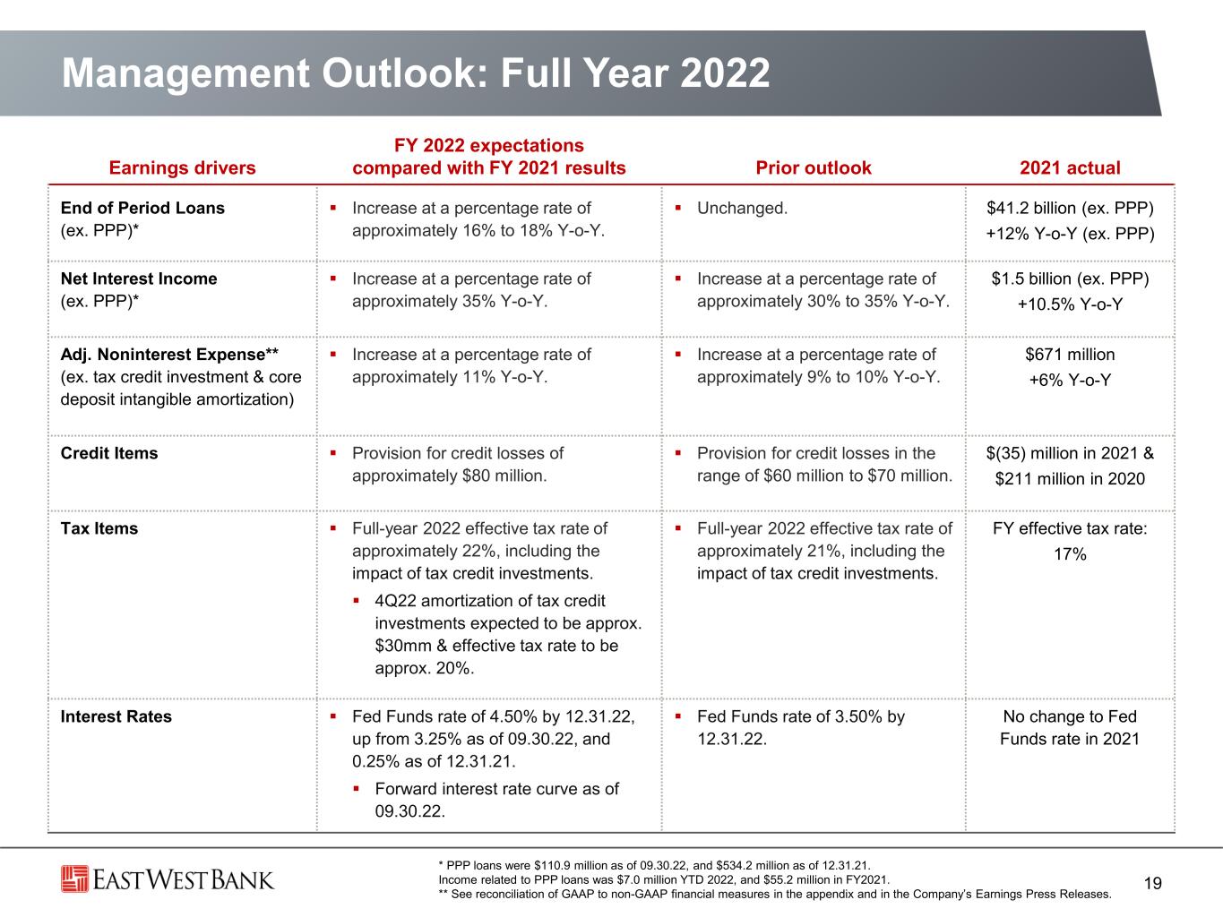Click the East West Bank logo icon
tap(74, 878)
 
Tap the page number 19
tap(1153, 883)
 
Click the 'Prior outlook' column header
tap(814, 167)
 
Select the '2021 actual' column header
tap(1070, 167)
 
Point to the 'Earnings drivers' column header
tap(182, 167)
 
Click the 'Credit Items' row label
tap(109, 453)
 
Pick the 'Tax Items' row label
tap(99, 528)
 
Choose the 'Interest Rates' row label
tap(116, 716)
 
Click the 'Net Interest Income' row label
tap(139, 279)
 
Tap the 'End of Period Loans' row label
tap(142, 208)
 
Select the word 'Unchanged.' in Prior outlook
tap(742, 208)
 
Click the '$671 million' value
tap(1070, 355)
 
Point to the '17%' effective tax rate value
tap(1070, 554)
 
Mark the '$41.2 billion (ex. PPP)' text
tap(1070, 209)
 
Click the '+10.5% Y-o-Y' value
tap(1070, 304)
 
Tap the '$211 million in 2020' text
tap(1070, 479)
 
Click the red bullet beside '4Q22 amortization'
tap(356, 601)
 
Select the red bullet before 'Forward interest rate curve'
tap(356, 789)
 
